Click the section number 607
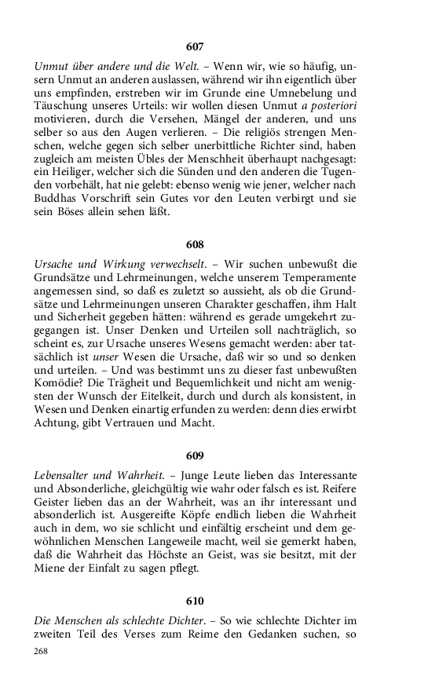coord(195,47)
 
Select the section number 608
coord(195,245)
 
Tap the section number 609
coord(195,456)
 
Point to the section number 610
coord(195,601)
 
